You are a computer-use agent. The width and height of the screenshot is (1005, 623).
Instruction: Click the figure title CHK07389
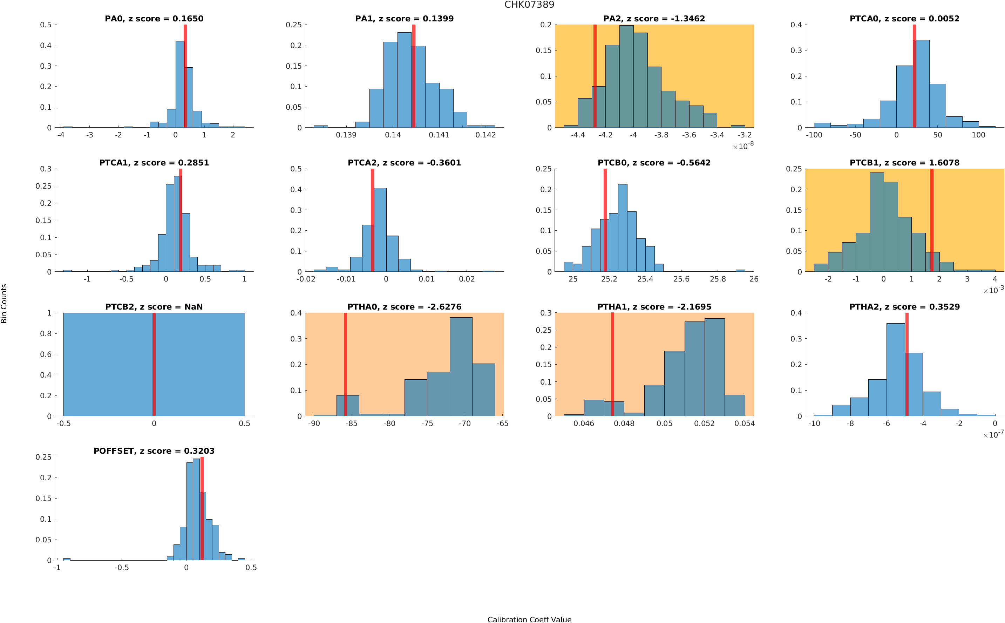coord(529,5)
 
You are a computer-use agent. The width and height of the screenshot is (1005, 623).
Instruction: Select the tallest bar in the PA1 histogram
coord(404,80)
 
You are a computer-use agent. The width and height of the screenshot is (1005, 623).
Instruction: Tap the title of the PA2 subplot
coord(654,19)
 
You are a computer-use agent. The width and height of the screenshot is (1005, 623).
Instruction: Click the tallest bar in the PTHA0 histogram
coord(461,367)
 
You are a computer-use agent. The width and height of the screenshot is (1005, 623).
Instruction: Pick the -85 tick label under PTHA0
coord(351,423)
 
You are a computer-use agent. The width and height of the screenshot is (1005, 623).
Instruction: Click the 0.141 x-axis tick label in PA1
coord(439,135)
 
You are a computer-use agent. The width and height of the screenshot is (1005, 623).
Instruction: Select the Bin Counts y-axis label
coord(4,303)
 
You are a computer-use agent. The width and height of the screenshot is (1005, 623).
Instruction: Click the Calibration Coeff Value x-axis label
coord(529,619)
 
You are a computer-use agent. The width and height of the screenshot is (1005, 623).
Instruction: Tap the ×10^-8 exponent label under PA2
coord(743,146)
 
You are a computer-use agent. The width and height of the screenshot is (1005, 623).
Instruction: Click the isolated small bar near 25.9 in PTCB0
coord(740,270)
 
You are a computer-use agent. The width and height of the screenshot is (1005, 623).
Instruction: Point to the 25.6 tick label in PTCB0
coord(681,279)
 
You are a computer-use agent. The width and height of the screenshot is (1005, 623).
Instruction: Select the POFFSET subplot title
coord(154,451)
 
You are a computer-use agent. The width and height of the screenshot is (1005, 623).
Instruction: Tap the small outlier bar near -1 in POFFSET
coord(66,559)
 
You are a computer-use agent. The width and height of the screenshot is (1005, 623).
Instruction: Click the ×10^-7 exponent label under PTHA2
coord(993,435)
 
